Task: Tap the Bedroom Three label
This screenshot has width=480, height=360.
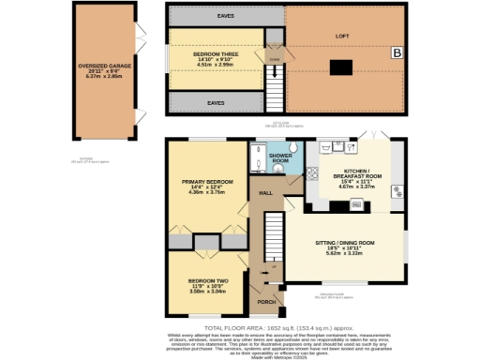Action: point(214,57)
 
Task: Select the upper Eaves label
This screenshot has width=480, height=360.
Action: point(215,16)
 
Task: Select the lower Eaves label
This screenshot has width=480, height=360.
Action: point(215,102)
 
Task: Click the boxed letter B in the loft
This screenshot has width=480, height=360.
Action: point(396,54)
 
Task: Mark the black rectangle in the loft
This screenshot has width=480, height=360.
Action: point(339,66)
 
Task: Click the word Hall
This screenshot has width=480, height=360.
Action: point(265,192)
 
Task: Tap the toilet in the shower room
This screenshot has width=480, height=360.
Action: point(292,147)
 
